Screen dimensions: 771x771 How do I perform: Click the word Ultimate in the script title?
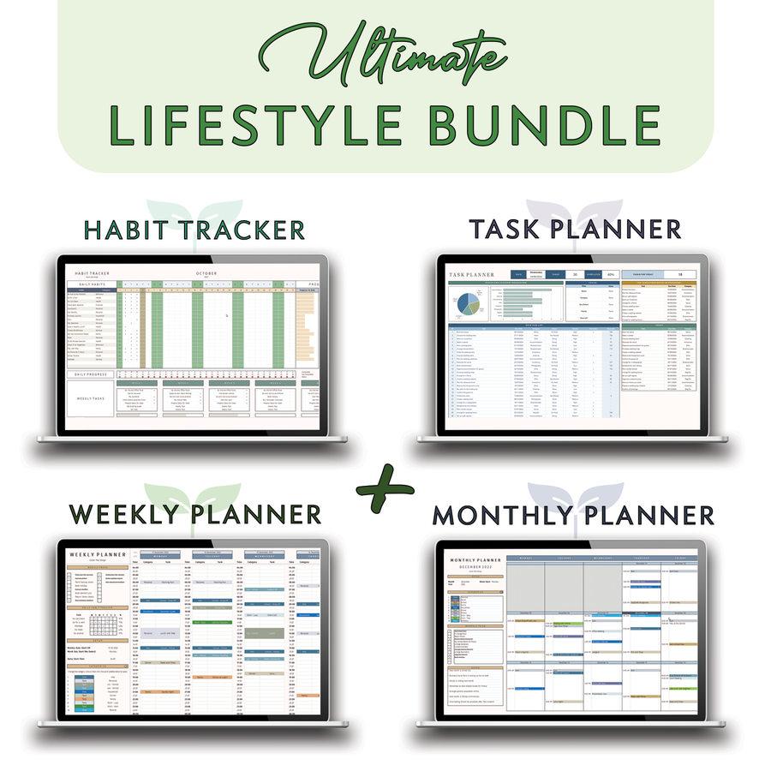385,57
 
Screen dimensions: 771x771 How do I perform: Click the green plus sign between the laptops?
385,486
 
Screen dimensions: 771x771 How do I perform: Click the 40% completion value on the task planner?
611,274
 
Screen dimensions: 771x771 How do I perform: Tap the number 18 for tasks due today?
679,274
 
